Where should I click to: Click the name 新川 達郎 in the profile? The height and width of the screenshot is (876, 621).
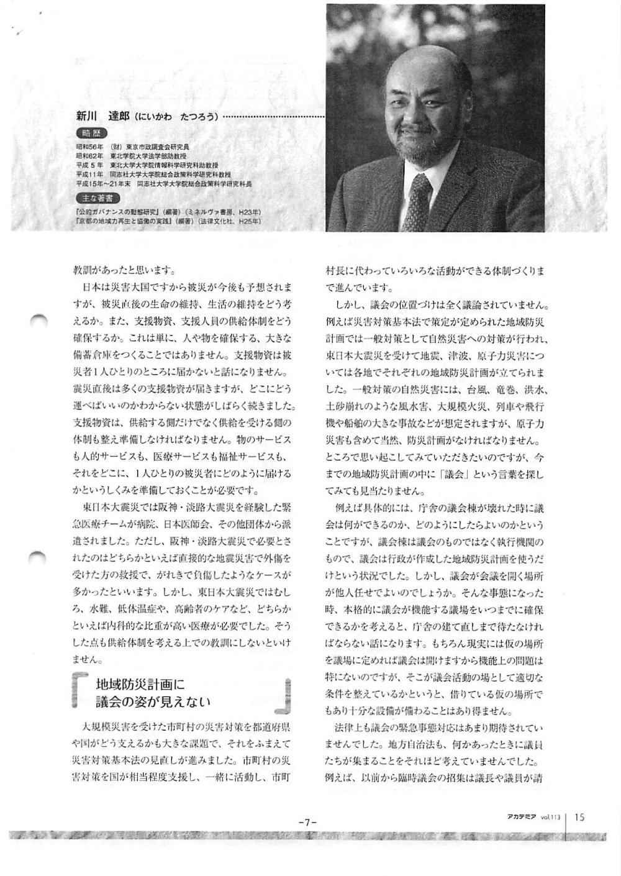102,116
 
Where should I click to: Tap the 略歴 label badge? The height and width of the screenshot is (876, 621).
91,133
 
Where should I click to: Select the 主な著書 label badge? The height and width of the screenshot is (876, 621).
97,198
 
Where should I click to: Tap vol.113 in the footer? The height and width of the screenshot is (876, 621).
551,818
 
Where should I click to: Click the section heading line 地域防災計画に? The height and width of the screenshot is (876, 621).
140,685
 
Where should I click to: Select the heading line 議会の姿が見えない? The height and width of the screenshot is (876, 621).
153,702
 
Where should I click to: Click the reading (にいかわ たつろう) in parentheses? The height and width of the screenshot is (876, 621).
177,117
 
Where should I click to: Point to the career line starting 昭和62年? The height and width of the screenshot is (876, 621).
131,157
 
